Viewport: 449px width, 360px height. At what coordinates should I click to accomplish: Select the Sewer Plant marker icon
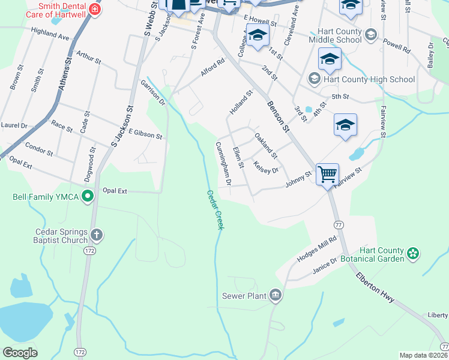276,294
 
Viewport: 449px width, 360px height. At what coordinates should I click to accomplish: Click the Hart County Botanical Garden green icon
412,254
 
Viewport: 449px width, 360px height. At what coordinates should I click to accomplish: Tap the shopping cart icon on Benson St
328,175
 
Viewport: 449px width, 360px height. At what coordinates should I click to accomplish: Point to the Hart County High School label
369,79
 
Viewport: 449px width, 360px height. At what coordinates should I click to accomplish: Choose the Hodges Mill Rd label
317,249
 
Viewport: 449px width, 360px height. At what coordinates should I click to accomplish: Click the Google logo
20,353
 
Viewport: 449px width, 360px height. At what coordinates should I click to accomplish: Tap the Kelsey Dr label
266,167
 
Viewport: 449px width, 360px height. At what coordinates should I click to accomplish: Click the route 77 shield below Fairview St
339,223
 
